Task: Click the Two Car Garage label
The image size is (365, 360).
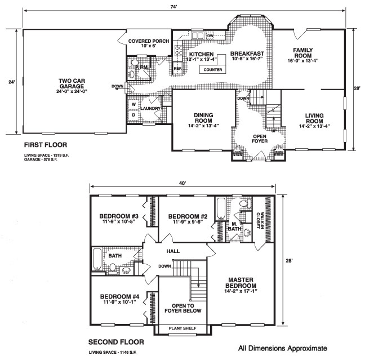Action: pos(72,83)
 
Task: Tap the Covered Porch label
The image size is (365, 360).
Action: pos(149,41)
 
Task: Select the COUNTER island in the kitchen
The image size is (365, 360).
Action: pos(212,69)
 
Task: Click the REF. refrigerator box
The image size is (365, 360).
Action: pos(177,69)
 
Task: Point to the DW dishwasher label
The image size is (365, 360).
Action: pos(210,35)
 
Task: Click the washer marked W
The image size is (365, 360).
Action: pos(133,105)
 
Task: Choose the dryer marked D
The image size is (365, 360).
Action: pos(133,115)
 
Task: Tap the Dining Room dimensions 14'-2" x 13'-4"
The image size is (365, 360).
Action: pos(203,126)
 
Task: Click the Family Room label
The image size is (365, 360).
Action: pos(303,53)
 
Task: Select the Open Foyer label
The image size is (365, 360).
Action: pos(260,139)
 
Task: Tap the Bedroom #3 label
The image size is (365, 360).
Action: pos(119,216)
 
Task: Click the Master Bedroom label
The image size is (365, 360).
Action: pos(241,283)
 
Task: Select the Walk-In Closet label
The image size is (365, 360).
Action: pos(260,220)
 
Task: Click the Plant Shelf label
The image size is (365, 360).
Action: pos(182,328)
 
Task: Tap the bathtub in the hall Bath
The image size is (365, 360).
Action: pos(97,259)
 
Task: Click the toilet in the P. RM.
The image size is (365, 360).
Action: pos(134,63)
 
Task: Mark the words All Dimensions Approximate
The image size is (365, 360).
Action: pos(283,348)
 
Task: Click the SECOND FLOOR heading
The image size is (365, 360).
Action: pos(116,342)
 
